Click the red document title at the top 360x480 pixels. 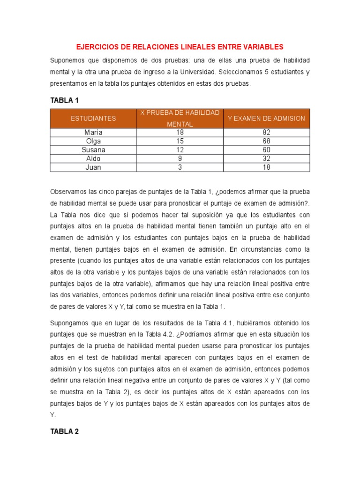click(x=180, y=47)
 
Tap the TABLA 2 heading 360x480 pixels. click(x=65, y=432)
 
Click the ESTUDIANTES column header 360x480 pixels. click(x=93, y=119)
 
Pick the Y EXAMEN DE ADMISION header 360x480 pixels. click(x=266, y=119)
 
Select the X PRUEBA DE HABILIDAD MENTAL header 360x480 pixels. click(x=180, y=119)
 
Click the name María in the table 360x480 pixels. click(x=93, y=133)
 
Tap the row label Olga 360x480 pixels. click(x=93, y=141)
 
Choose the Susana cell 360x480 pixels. click(x=93, y=150)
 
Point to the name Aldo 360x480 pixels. click(x=93, y=158)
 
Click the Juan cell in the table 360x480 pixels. click(x=93, y=167)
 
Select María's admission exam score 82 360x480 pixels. click(x=266, y=133)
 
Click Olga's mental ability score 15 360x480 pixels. click(x=180, y=141)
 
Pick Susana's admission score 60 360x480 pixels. click(x=266, y=150)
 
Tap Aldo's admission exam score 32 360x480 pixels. click(x=266, y=158)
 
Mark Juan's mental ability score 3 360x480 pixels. click(x=180, y=167)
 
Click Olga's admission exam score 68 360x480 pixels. click(x=266, y=141)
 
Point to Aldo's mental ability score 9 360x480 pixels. click(x=180, y=158)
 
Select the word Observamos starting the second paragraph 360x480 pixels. click(x=68, y=192)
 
